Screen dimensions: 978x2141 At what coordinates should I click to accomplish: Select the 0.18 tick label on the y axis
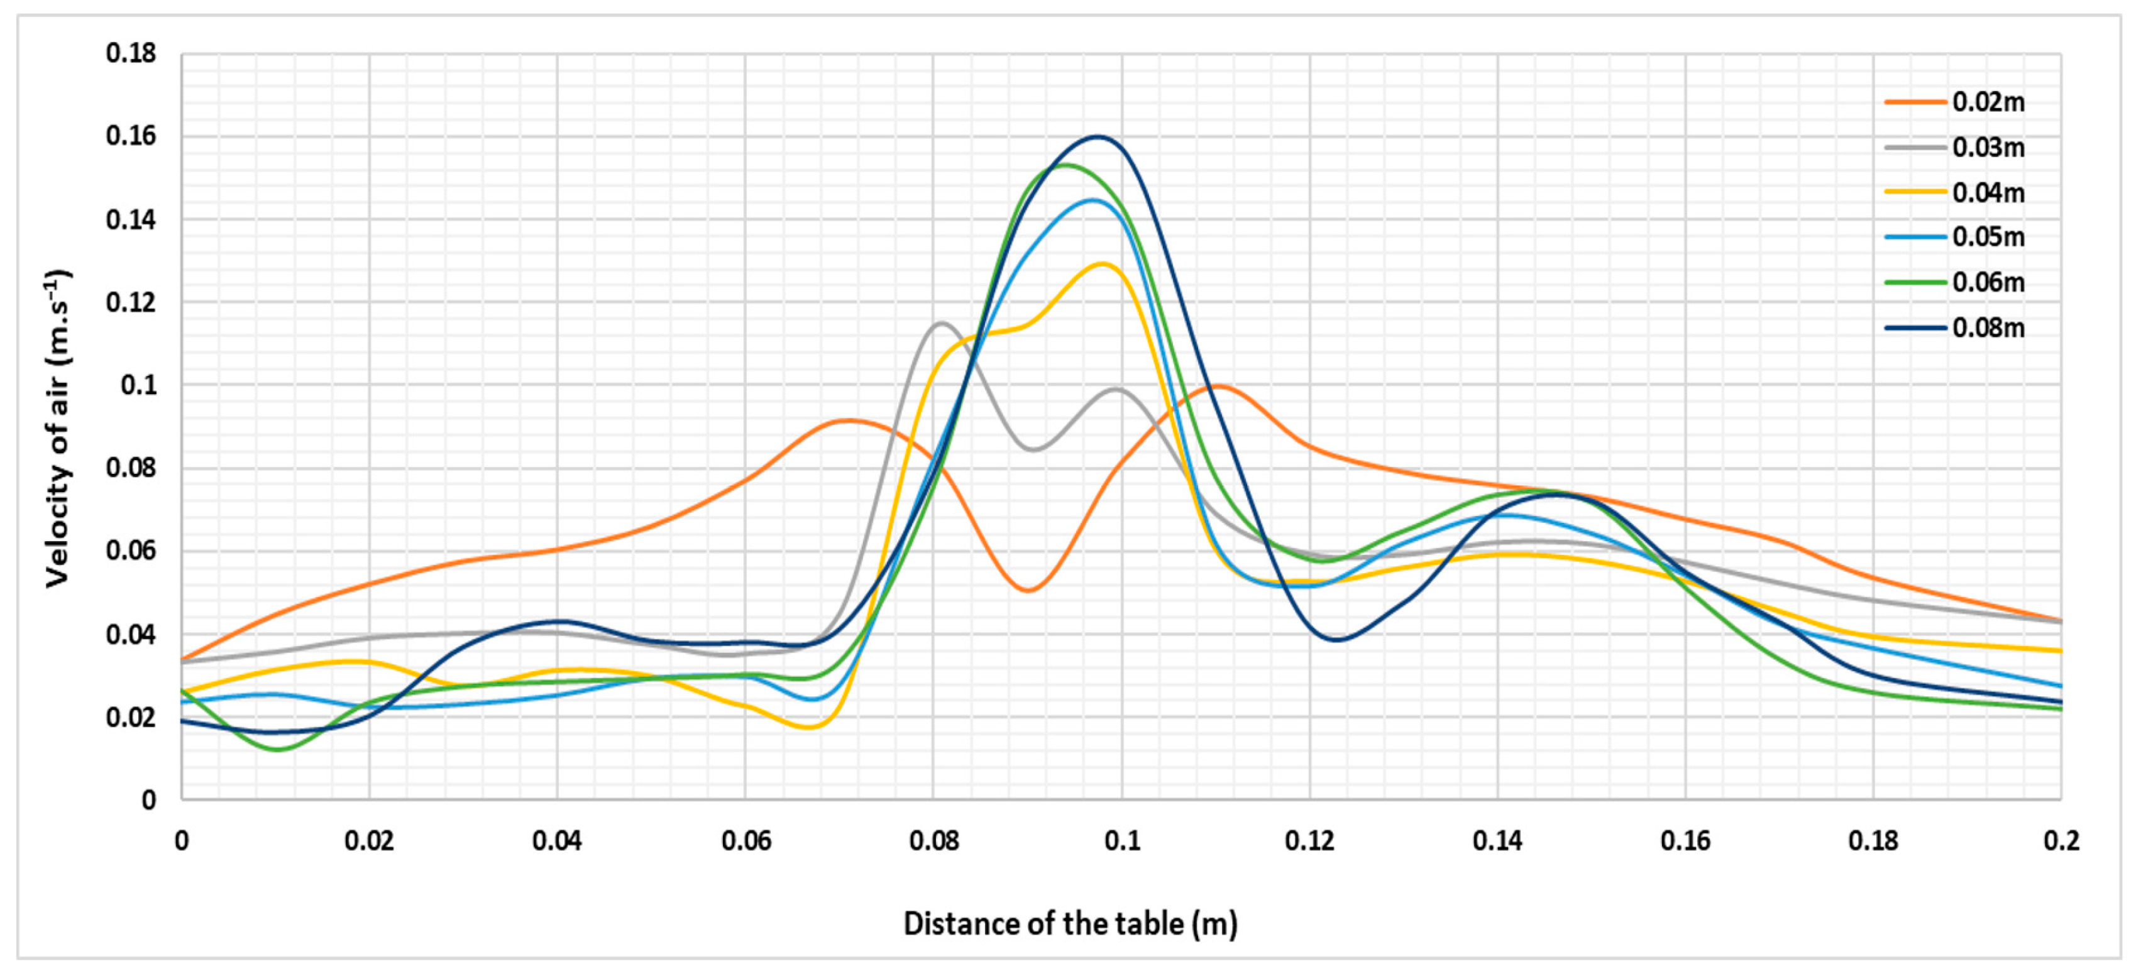pyautogui.click(x=131, y=53)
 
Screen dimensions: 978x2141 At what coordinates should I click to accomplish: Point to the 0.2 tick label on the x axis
pyautogui.click(x=2061, y=842)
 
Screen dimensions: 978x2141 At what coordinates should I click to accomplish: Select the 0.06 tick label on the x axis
pyautogui.click(x=745, y=842)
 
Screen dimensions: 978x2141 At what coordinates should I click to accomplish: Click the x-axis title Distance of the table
pyautogui.click(x=1070, y=924)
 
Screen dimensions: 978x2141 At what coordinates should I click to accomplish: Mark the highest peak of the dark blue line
pyautogui.click(x=1097, y=137)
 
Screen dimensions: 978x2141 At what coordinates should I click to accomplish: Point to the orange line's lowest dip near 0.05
pyautogui.click(x=1029, y=591)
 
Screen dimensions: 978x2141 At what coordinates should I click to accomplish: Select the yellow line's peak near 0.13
pyautogui.click(x=1102, y=264)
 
